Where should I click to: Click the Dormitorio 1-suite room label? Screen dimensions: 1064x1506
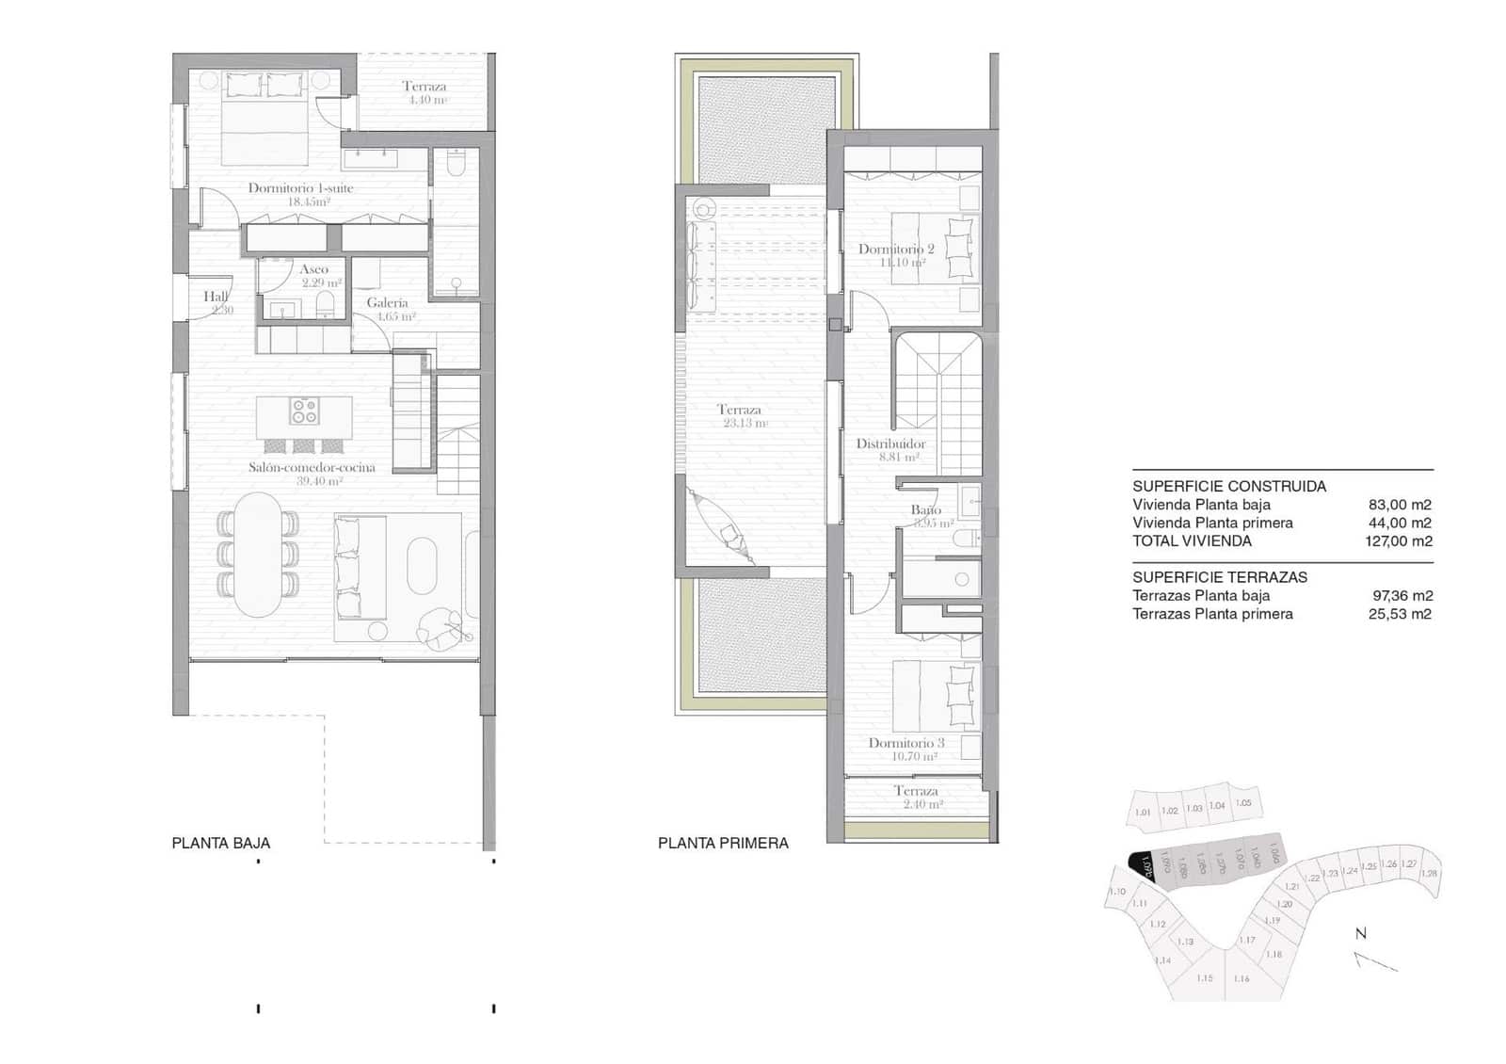click(x=300, y=188)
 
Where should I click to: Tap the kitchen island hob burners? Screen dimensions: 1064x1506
click(x=304, y=411)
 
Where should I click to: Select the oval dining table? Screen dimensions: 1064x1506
click(x=258, y=556)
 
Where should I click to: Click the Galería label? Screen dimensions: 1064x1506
click(x=387, y=303)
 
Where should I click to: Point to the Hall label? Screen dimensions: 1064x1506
click(x=216, y=297)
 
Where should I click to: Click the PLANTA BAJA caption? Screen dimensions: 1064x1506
click(x=220, y=844)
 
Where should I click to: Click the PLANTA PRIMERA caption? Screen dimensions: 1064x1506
click(x=723, y=844)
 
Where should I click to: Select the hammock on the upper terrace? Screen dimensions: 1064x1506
click(x=723, y=528)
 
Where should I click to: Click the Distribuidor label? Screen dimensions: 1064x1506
click(x=890, y=443)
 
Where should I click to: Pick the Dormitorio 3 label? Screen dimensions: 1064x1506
click(x=906, y=743)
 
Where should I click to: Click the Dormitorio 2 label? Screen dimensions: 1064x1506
click(x=896, y=250)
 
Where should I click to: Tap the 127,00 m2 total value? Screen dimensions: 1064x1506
click(x=1398, y=541)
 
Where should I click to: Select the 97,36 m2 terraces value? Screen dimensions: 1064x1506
click(x=1402, y=596)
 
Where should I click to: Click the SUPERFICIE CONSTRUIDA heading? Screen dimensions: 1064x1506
click(x=1228, y=487)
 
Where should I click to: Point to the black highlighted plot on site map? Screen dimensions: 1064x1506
click(x=1141, y=863)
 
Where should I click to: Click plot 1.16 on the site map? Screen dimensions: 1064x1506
click(x=1242, y=978)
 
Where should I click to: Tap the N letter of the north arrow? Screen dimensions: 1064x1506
click(x=1360, y=934)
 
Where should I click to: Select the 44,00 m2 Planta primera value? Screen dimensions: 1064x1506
click(x=1400, y=524)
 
